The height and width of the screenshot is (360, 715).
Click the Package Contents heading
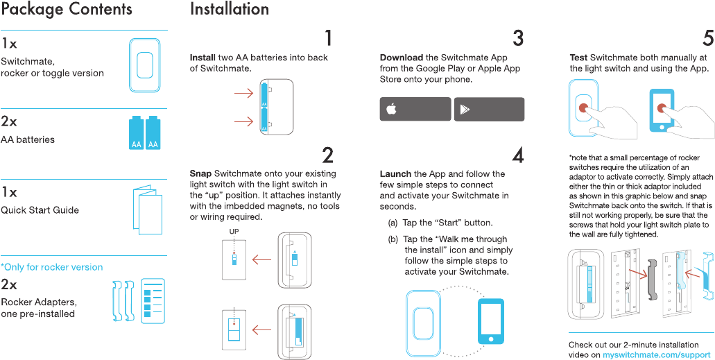[x=67, y=9]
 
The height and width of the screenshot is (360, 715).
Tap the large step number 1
[x=328, y=38]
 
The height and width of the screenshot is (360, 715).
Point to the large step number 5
[x=708, y=38]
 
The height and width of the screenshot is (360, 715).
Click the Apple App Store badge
[x=415, y=109]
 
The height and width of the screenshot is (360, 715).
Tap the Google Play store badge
[x=490, y=109]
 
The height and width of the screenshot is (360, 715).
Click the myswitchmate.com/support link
[x=656, y=354]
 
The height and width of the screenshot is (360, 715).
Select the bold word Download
[x=402, y=58]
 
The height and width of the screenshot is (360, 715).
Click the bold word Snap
[x=200, y=174]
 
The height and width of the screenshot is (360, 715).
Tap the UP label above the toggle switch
[x=234, y=232]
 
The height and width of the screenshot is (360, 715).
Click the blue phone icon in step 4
[x=490, y=321]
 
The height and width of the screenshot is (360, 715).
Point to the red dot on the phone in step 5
[x=661, y=109]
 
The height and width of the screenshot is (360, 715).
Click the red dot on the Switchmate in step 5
[x=583, y=108]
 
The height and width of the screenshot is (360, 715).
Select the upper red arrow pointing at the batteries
[x=243, y=94]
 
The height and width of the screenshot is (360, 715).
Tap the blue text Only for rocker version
[x=52, y=267]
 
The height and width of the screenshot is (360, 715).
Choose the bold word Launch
[x=396, y=174]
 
